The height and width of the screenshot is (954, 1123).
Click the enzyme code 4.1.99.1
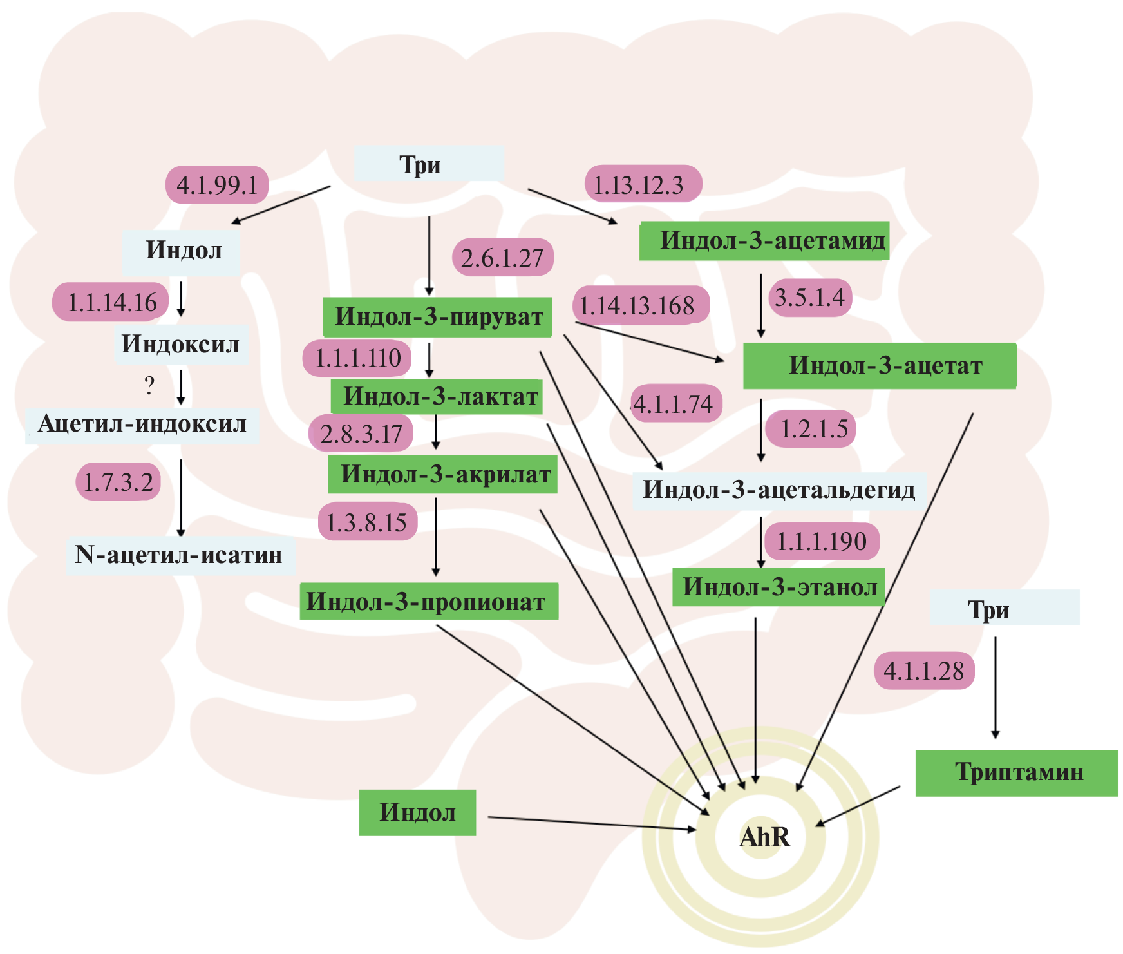(x=217, y=186)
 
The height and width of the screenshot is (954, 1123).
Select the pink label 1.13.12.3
(x=643, y=184)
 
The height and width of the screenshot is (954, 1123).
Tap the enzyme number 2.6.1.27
(x=502, y=258)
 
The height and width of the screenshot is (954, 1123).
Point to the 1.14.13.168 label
(x=641, y=305)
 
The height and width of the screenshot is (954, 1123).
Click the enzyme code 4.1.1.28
(x=924, y=671)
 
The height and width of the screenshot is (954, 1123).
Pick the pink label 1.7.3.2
(x=118, y=482)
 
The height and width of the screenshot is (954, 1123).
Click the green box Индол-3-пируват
(x=437, y=317)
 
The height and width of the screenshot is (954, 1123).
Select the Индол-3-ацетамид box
(x=764, y=241)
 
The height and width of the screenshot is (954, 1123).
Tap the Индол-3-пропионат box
(x=429, y=602)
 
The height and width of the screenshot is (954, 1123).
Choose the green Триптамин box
(x=1017, y=772)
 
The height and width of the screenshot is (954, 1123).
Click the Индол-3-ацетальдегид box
(x=779, y=490)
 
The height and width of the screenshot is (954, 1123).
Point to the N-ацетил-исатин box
(x=180, y=555)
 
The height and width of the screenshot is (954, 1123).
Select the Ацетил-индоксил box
(x=142, y=425)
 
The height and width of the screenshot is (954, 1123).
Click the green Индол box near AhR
(x=417, y=812)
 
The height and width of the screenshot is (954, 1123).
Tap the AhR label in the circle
(x=764, y=837)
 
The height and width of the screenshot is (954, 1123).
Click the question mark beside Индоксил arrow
(x=149, y=386)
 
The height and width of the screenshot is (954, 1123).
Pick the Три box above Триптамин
(x=1004, y=608)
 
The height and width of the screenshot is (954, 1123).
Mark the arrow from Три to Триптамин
(x=996, y=686)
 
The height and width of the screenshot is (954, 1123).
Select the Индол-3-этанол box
(x=779, y=587)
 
